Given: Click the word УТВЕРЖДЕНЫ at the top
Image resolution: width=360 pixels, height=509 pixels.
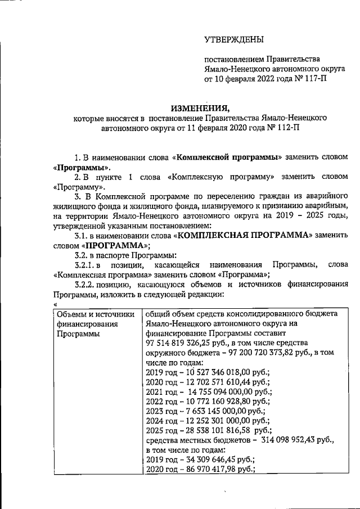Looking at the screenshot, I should (x=233, y=39).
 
